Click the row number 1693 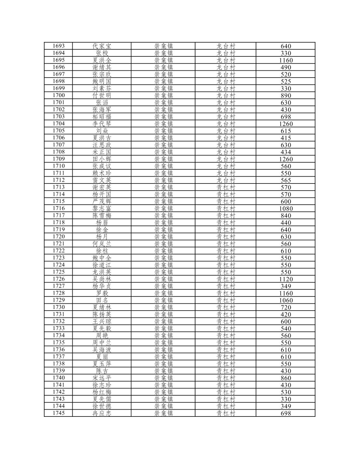pyautogui.click(x=59, y=46)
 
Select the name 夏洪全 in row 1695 pyautogui.click(x=102, y=60)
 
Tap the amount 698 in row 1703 pyautogui.click(x=286, y=117)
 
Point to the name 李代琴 pyautogui.click(x=102, y=124)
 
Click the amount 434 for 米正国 pyautogui.click(x=286, y=152)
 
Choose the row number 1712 pyautogui.click(x=59, y=180)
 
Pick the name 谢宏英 pyautogui.click(x=102, y=187)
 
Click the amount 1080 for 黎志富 pyautogui.click(x=286, y=209)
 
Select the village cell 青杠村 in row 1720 pyautogui.click(x=226, y=237)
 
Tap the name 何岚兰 pyautogui.click(x=102, y=244)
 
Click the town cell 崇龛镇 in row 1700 pyautogui.click(x=164, y=95)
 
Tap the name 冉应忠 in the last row pyautogui.click(x=102, y=413)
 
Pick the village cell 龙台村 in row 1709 pyautogui.click(x=226, y=159)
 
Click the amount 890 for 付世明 pyautogui.click(x=286, y=95)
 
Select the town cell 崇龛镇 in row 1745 pyautogui.click(x=164, y=413)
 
